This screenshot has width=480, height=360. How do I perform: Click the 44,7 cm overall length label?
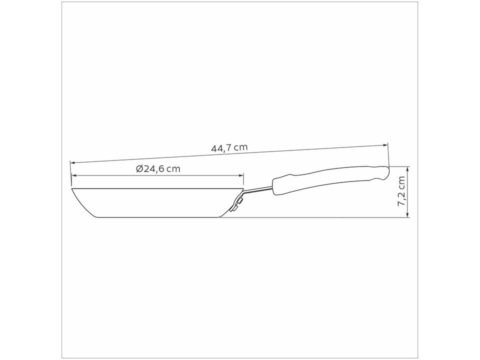pyautogui.click(x=229, y=147)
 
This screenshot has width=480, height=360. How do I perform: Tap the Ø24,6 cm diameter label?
pyautogui.click(x=157, y=169)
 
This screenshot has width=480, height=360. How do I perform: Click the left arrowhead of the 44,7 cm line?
pyautogui.click(x=72, y=162)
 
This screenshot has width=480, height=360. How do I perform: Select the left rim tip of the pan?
pyautogui.click(x=72, y=189)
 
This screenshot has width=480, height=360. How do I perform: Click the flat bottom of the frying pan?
pyautogui.click(x=157, y=217)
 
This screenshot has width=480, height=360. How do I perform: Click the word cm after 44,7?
pyautogui.click(x=240, y=147)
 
